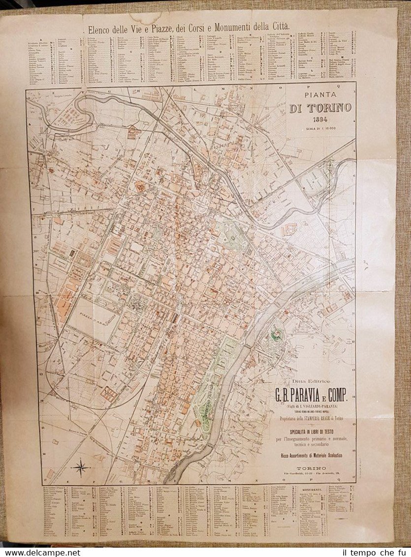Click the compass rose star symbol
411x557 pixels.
(x=80, y=466)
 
